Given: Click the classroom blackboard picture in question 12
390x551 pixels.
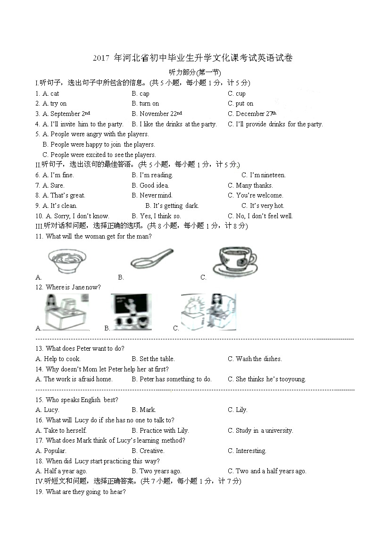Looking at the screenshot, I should click(132, 312).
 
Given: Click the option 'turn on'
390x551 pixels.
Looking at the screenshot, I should click(149, 104).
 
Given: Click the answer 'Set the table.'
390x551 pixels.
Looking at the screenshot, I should click(157, 359).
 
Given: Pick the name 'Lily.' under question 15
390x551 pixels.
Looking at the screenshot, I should click(241, 410).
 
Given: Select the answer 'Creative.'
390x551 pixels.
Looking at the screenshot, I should click(152, 451).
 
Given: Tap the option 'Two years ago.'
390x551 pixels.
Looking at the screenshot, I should click(160, 471).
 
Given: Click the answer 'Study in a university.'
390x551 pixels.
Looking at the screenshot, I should click(264, 431).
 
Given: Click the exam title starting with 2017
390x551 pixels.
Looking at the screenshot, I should click(192, 58).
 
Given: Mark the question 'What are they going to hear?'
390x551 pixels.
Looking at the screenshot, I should click(85, 492).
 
